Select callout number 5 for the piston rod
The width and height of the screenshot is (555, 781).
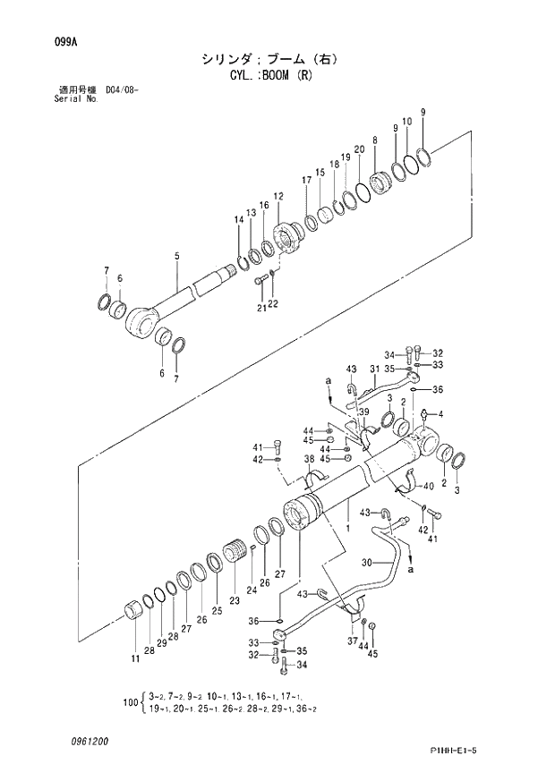(x=177, y=257)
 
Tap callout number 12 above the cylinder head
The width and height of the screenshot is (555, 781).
(x=278, y=196)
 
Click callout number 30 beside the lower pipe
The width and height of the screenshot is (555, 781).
(x=366, y=563)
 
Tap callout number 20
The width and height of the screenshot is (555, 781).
(x=359, y=149)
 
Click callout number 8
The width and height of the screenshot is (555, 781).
(x=374, y=140)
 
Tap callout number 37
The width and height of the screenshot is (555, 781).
(x=352, y=641)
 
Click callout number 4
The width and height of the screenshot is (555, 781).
(x=440, y=413)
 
